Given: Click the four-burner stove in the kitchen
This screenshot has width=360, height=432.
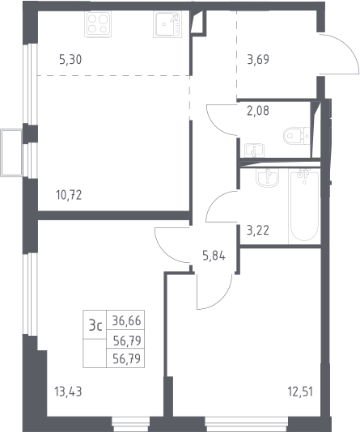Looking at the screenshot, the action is click(99, 24).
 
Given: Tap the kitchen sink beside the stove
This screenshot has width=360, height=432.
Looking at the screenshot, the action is click(167, 24).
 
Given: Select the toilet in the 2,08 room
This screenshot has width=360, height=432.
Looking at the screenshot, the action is click(296, 136).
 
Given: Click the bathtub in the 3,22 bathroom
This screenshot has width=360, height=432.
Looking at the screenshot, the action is click(304, 205).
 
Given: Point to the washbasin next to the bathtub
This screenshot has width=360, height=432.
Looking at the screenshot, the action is click(268, 177).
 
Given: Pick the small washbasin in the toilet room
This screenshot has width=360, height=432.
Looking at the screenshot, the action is click(254, 150).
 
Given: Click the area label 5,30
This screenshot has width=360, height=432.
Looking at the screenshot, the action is click(70, 60).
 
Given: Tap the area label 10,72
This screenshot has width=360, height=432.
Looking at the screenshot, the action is click(69, 195).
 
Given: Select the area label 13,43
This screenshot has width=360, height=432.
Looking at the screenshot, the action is click(68, 392).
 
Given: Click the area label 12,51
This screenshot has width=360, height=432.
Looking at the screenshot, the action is click(300, 392).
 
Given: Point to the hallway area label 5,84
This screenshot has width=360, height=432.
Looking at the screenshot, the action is click(214, 256).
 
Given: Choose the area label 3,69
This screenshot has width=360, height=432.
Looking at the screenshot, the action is click(258, 60).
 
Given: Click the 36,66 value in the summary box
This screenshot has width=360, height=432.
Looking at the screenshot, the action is click(127, 320).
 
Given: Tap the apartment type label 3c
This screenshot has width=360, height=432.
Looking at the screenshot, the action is click(95, 326).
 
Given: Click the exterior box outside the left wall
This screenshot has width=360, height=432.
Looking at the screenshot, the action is click(11, 153).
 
